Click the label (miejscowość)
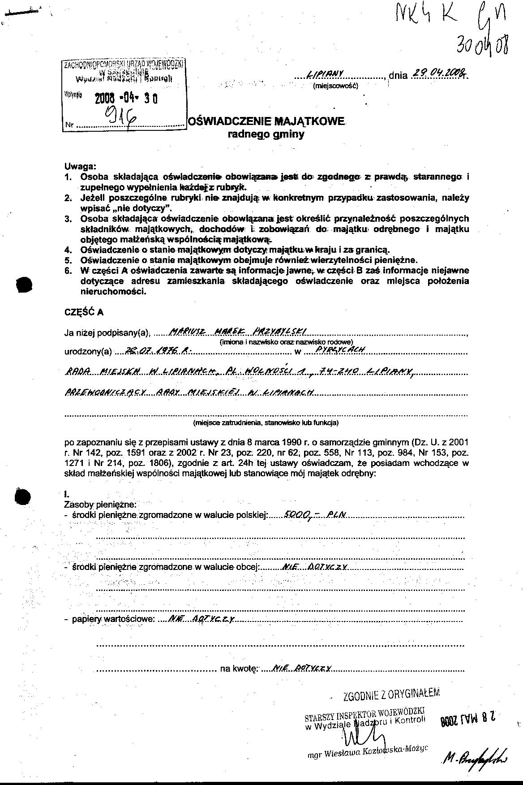[335, 85]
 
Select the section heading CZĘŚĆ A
[84, 313]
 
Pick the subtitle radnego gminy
[266, 134]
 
